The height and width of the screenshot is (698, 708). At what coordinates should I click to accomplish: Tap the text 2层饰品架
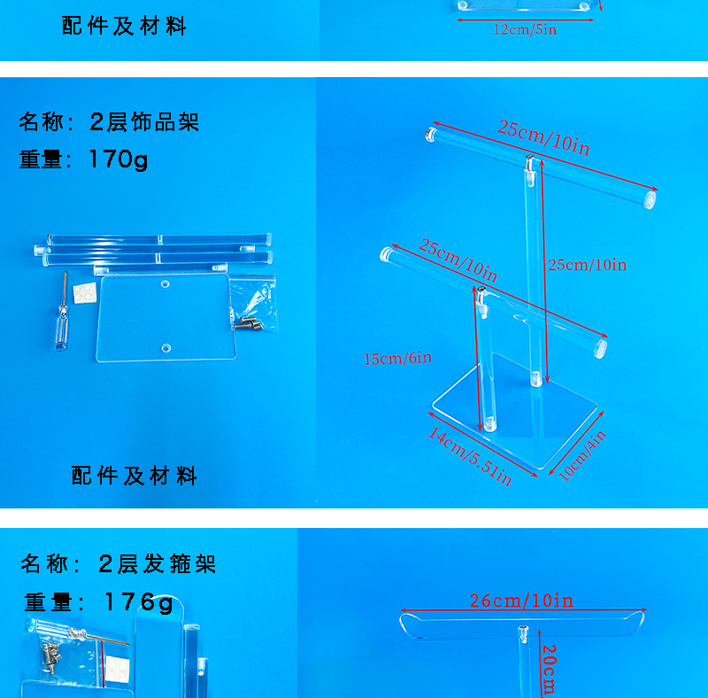[x=144, y=121]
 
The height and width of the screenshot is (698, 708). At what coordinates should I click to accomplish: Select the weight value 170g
[x=119, y=159]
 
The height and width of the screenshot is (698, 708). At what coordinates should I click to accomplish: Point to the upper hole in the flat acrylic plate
[x=165, y=285]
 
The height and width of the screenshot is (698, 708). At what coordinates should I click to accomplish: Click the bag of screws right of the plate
[x=253, y=305]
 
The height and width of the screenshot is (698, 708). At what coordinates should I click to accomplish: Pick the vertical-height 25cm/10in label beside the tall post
[x=587, y=265]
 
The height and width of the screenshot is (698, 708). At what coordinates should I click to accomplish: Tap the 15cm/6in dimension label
[x=397, y=358]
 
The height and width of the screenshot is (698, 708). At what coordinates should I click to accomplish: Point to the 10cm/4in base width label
[x=582, y=456]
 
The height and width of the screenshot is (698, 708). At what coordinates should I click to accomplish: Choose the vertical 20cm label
[x=548, y=668]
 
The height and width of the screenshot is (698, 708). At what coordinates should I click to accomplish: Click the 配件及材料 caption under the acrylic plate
[x=134, y=476]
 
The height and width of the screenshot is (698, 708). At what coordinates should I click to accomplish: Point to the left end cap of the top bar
[x=431, y=134]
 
